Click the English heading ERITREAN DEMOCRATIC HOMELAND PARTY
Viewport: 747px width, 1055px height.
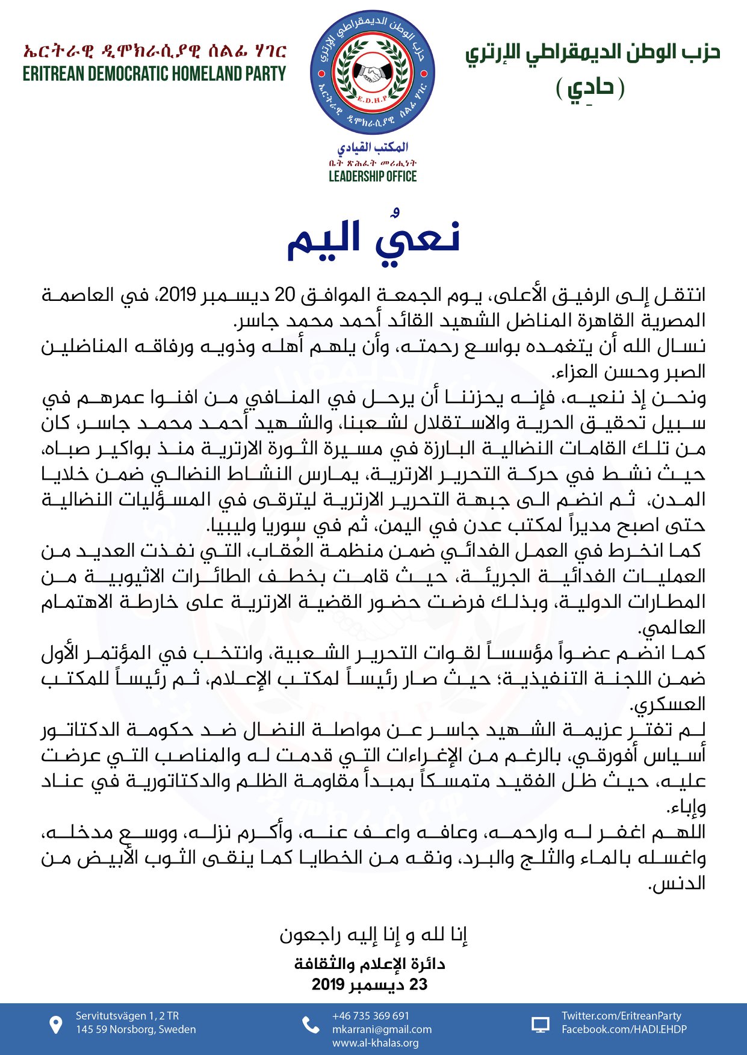pos(154,74)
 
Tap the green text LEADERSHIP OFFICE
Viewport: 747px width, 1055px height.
pos(373,176)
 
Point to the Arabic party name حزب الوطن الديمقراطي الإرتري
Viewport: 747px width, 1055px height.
pos(592,53)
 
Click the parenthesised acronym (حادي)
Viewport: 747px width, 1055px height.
pos(589,88)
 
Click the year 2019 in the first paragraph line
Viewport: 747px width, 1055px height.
pos(177,294)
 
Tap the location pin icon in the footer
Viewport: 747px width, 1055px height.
pos(55,1025)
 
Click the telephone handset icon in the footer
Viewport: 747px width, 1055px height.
pos(311,1025)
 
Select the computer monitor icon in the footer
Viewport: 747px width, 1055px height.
pos(541,1025)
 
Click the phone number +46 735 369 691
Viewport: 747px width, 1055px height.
pos(370,1016)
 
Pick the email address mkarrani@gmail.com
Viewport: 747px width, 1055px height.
pos(382,1029)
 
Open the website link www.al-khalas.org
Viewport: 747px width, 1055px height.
pos(375,1043)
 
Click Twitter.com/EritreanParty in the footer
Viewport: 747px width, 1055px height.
pos(621,1016)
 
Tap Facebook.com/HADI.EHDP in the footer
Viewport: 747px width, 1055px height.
pos(624,1029)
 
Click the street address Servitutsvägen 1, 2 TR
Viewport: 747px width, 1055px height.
pos(127,1016)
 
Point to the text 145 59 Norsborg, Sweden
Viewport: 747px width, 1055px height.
pos(135,1029)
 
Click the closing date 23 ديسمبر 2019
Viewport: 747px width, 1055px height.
pos(369,985)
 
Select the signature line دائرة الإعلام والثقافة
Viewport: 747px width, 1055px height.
pos(370,964)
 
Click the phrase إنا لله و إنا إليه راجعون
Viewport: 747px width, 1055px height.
pos(373,935)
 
